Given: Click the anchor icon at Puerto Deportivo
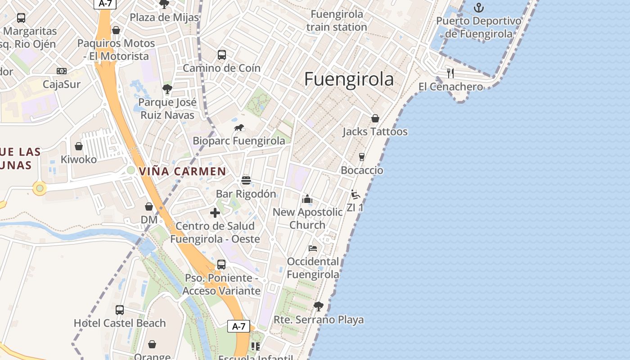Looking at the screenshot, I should [x=479, y=8].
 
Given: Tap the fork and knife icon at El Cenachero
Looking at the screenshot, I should [x=450, y=73].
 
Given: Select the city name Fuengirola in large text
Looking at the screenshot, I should [x=349, y=79].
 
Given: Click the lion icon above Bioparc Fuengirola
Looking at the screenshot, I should [x=239, y=128].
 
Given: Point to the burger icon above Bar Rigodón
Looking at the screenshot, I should [x=246, y=180].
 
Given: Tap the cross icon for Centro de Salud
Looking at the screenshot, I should [x=215, y=212].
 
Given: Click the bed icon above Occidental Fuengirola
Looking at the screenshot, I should [x=313, y=248].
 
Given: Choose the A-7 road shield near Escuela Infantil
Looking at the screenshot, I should [x=238, y=326].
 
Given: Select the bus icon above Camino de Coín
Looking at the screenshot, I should [x=221, y=55].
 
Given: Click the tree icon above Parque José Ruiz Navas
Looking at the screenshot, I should [x=167, y=89].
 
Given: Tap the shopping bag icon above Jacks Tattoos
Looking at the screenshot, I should [x=375, y=118].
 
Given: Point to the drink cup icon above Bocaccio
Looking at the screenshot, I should [x=361, y=157].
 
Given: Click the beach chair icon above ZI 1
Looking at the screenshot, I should [x=355, y=194].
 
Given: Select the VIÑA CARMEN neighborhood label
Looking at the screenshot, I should [x=182, y=171].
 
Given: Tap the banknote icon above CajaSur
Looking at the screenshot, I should [x=62, y=71].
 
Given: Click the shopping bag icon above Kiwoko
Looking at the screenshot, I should [x=79, y=146].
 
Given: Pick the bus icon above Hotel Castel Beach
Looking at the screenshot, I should [x=119, y=310].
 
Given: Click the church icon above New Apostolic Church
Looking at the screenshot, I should [x=308, y=198].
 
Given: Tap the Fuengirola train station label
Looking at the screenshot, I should [x=337, y=21].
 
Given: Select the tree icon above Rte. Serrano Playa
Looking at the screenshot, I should [x=319, y=306].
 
